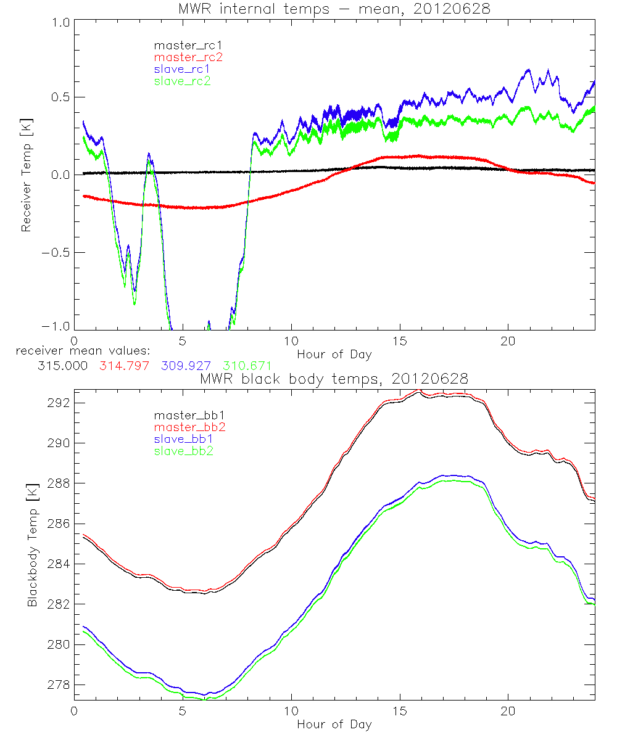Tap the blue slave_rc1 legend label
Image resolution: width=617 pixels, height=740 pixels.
point(182,69)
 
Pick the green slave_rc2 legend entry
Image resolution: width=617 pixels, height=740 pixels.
point(182,81)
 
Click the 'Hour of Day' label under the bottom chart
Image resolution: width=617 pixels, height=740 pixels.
point(334,725)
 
